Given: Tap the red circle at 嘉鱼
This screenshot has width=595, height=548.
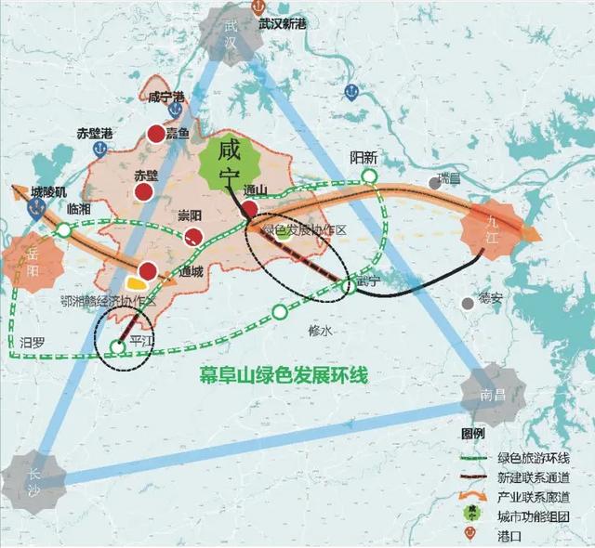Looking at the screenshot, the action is click(155, 136).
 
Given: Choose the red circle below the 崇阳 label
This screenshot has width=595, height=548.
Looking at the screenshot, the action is click(192, 236).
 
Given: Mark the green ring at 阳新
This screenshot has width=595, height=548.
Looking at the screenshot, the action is click(370, 176).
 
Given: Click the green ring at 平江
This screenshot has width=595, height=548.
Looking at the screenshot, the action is click(117, 347).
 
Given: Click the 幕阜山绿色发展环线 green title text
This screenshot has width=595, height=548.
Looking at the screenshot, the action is click(284, 376).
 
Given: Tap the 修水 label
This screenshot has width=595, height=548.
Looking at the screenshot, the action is click(319, 329).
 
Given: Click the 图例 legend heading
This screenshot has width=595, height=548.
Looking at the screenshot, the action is click(475, 436).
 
